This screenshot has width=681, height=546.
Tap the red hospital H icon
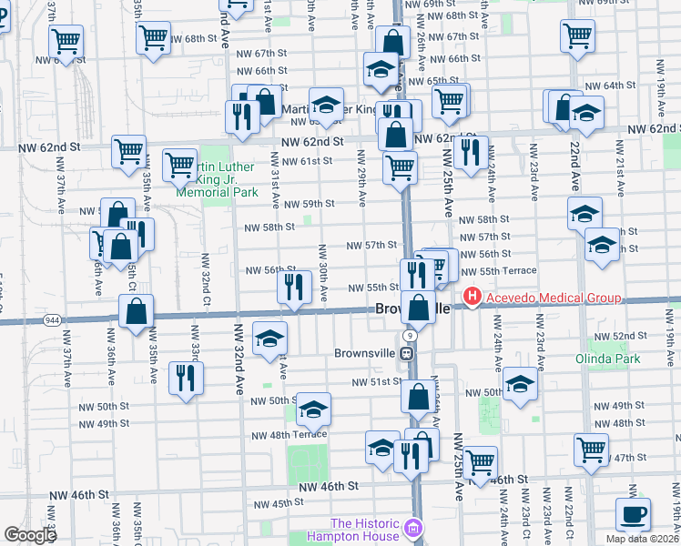tap(473, 297)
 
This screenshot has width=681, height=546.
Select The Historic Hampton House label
tap(364, 529)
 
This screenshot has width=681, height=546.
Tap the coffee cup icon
tap(634, 513)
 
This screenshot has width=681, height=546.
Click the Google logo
tap(29, 534)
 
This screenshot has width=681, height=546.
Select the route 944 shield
tap(53, 320)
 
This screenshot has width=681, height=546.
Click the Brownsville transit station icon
tap(411, 353)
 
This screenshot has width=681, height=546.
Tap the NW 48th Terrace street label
tap(289, 434)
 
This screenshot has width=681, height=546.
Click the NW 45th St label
tap(278, 503)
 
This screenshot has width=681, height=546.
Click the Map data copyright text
tap(643, 539)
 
